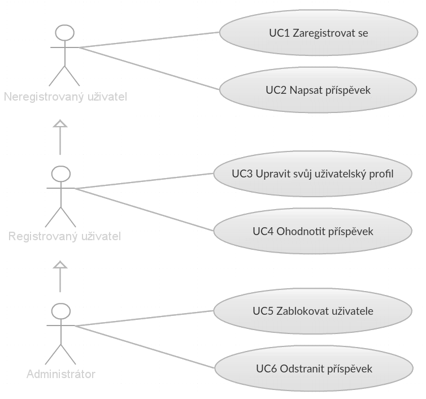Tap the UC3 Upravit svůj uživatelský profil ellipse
pyautogui.click(x=312, y=173)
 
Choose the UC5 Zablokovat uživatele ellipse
pyautogui.click(x=312, y=310)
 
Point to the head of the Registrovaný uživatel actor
pyautogui.click(x=60, y=172)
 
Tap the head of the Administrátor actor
pyautogui.click(x=60, y=311)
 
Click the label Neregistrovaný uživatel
pyautogui.click(x=66, y=97)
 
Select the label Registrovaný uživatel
pyautogui.click(x=64, y=236)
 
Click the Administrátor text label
pyautogui.click(x=61, y=374)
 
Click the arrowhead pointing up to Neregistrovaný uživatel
pyautogui.click(x=60, y=124)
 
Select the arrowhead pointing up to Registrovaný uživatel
pyautogui.click(x=60, y=263)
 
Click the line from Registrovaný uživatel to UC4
pyautogui.click(x=144, y=210)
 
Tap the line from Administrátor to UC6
pyautogui.click(x=144, y=348)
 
